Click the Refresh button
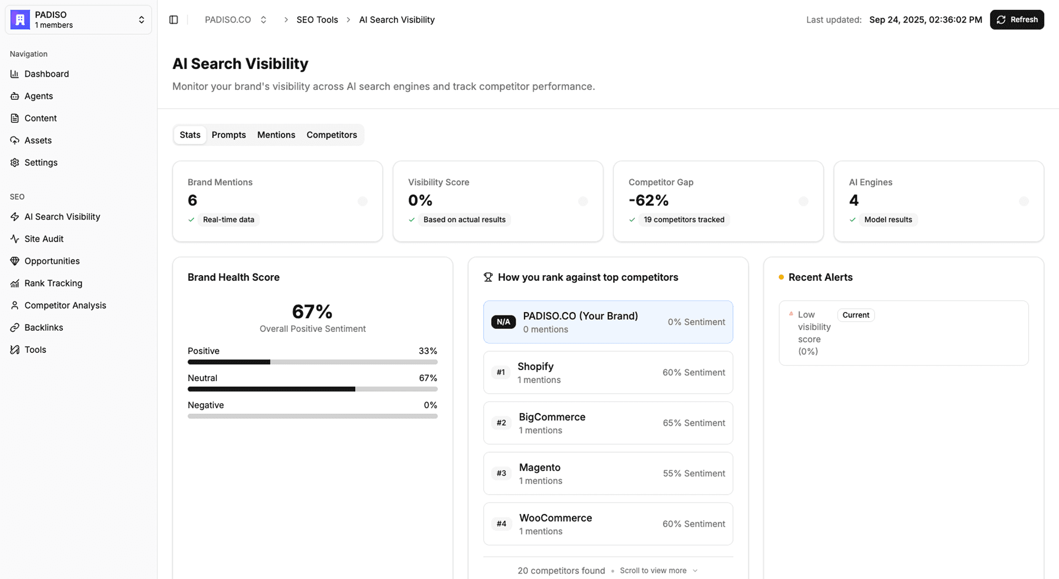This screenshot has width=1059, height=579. point(1017,20)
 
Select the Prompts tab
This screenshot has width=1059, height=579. point(228,135)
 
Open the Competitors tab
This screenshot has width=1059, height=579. point(331,135)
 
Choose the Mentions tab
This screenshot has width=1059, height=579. point(276,135)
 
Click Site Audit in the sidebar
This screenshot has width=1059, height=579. point(44,239)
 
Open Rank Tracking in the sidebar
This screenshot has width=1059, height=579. point(53,283)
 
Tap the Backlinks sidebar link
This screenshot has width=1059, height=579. point(44,328)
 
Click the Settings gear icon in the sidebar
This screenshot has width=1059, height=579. point(15,163)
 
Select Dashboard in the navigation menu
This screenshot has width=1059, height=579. point(46,74)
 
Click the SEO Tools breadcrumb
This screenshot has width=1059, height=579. point(317,20)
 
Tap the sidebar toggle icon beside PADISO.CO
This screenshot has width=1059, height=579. point(174,20)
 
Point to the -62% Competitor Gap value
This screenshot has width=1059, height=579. point(649,200)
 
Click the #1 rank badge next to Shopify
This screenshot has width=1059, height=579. point(501,373)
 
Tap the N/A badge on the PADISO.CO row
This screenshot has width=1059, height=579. point(503,322)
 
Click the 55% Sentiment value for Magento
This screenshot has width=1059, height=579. point(694,474)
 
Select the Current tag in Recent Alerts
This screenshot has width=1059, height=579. point(855,315)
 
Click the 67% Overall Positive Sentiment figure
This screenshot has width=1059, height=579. point(312,312)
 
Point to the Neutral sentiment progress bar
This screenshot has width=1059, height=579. point(312,389)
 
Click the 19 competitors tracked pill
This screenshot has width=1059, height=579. point(684,220)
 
